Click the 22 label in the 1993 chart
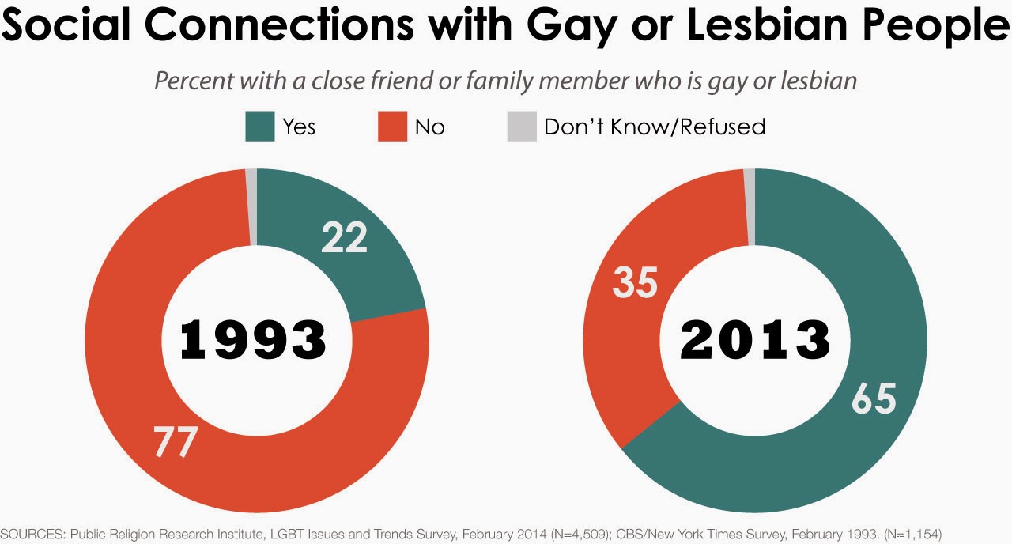click(x=345, y=237)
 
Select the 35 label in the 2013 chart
click(x=635, y=281)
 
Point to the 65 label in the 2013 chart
click(x=874, y=399)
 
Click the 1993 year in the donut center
click(x=253, y=341)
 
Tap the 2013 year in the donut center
click(x=755, y=341)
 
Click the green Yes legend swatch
click(x=260, y=127)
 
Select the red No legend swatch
click(x=392, y=127)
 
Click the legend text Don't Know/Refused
click(x=655, y=127)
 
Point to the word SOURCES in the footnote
click(x=32, y=535)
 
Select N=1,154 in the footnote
click(x=908, y=535)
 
